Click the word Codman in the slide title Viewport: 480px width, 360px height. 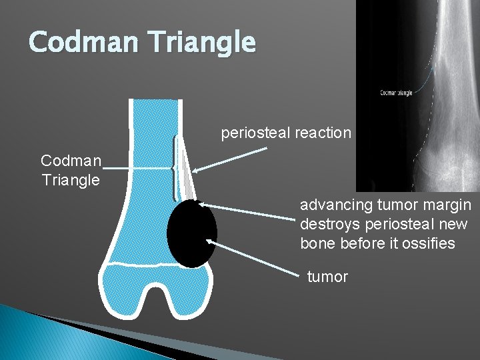tap(79, 42)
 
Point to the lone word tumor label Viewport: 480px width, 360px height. tap(327, 277)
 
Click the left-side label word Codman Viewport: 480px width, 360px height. tap(71, 161)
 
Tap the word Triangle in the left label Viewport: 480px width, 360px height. tap(71, 180)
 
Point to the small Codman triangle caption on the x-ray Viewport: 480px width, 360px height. tap(396, 93)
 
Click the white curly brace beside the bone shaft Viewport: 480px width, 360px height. tap(175, 167)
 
